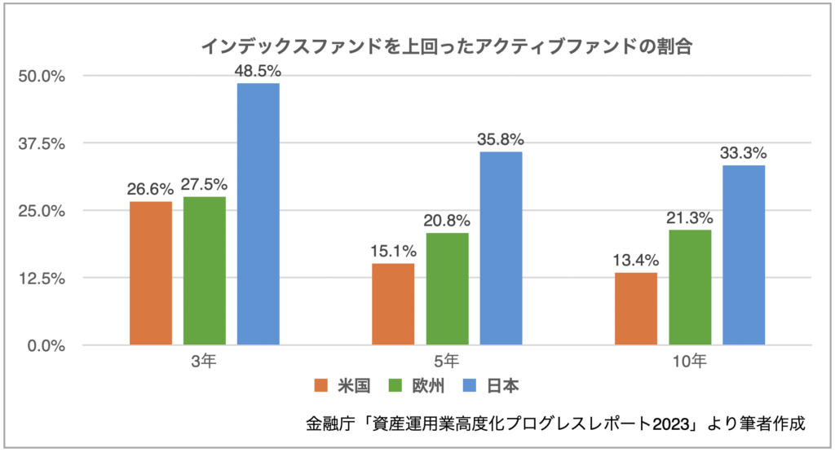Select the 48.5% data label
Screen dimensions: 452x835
click(258, 70)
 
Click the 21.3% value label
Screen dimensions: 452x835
click(690, 217)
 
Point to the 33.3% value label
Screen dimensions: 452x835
click(743, 152)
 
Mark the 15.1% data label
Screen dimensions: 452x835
click(393, 251)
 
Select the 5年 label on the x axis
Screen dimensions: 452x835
click(446, 359)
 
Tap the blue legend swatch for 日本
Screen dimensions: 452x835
click(475, 384)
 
